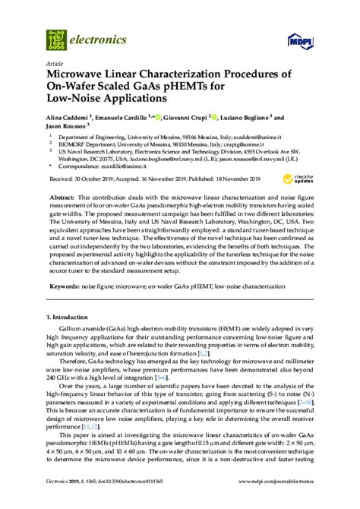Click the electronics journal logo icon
[x=55, y=37]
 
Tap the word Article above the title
[x=55, y=64]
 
